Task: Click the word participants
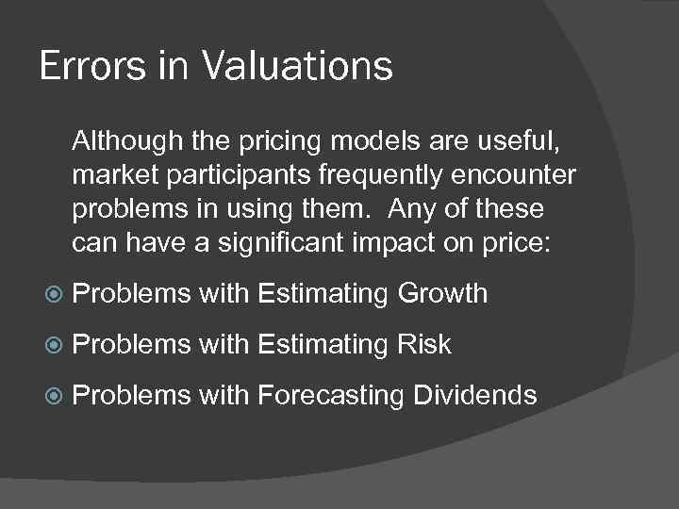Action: tap(237, 177)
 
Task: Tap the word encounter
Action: tap(523, 177)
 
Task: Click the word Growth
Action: tap(442, 294)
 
